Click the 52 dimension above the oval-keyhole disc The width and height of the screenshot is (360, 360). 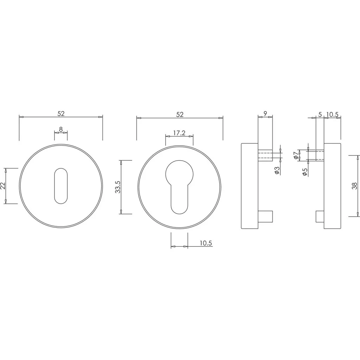(x=61, y=114)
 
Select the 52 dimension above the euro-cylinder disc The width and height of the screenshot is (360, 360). (x=180, y=114)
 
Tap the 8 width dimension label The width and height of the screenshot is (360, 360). (x=61, y=129)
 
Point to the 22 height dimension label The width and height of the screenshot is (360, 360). (x=3, y=186)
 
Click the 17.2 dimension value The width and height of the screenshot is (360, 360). (x=179, y=133)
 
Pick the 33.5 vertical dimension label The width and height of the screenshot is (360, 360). (x=117, y=187)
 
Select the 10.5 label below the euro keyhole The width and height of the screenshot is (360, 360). (x=206, y=243)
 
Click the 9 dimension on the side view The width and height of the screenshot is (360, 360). (x=265, y=113)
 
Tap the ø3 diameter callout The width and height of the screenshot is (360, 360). (x=277, y=171)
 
